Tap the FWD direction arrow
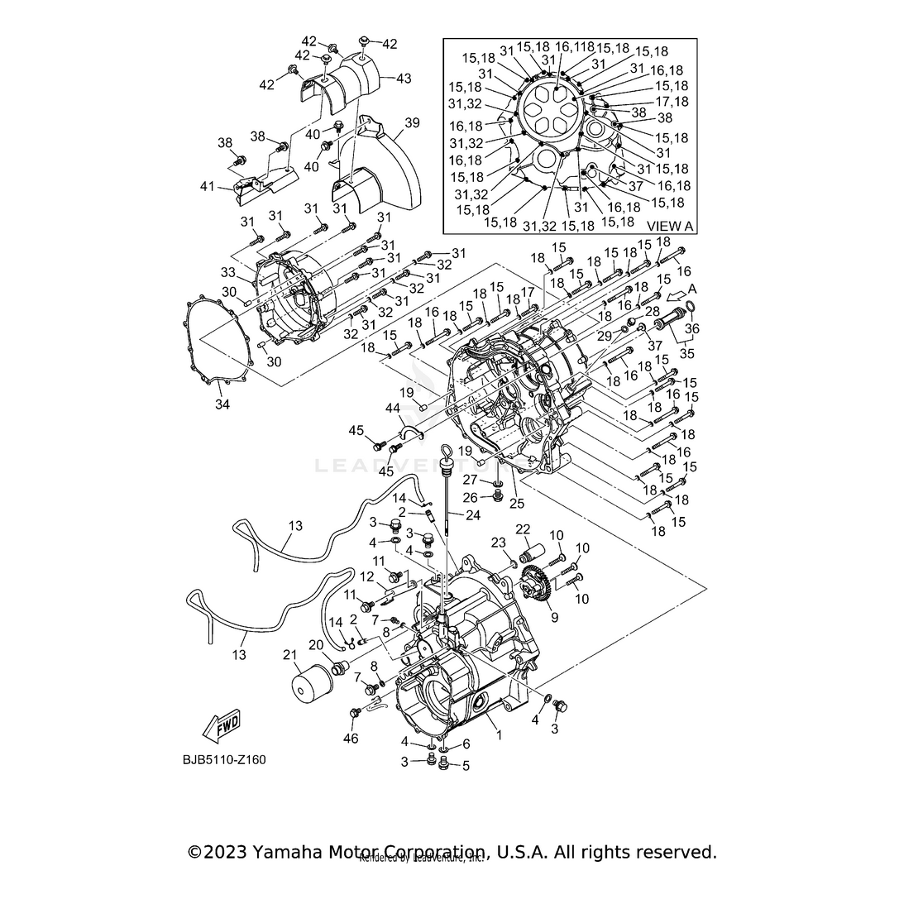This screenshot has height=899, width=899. click(x=222, y=728)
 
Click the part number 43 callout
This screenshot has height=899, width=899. click(x=403, y=78)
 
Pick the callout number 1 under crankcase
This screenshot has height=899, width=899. click(x=497, y=734)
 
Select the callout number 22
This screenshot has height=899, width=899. click(x=523, y=529)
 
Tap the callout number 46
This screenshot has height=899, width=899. click(x=351, y=738)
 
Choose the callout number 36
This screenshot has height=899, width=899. click(x=691, y=329)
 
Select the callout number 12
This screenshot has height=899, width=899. click(x=366, y=576)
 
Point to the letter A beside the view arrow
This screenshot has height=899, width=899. click(x=691, y=290)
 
